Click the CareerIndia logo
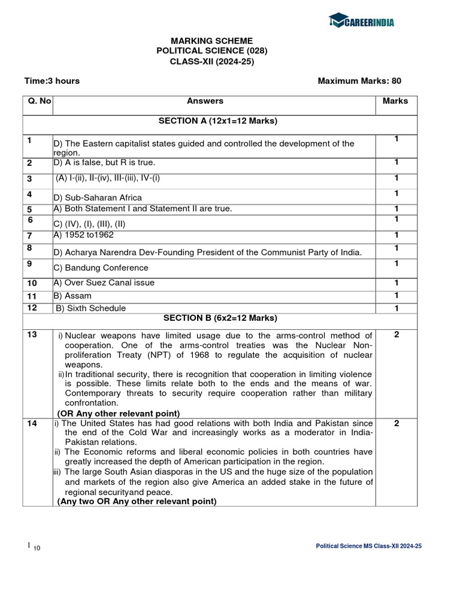(361, 22)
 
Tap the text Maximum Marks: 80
(359, 81)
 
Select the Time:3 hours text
(52, 81)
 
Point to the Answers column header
(205, 101)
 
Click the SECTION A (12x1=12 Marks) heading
(217, 121)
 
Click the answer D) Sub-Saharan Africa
(98, 198)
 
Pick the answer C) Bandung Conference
(101, 268)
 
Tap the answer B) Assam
(72, 296)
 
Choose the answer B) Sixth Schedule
(90, 308)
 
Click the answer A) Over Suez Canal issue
(104, 283)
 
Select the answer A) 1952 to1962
(83, 235)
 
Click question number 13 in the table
(32, 335)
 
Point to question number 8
(29, 247)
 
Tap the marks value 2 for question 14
(397, 423)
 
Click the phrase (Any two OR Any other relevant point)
(137, 502)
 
